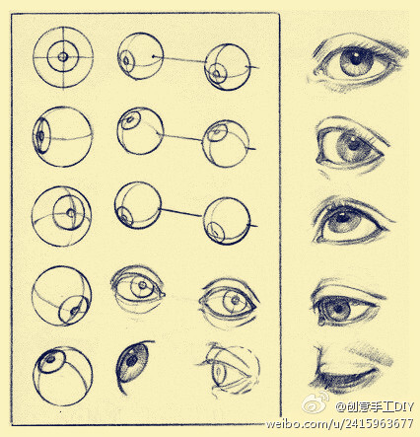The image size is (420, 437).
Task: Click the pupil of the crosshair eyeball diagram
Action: [x=63, y=57]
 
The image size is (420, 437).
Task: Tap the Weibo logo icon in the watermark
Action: [x=314, y=402]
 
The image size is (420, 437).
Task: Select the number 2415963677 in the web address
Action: [x=379, y=423]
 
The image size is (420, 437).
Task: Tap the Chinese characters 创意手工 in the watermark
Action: [x=364, y=406]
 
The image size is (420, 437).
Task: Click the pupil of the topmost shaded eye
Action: [x=355, y=60]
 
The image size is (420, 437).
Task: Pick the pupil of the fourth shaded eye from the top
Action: [x=338, y=310]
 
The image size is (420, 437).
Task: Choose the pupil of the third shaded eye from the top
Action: [x=342, y=217]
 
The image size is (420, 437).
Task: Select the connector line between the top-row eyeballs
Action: [x=179, y=59]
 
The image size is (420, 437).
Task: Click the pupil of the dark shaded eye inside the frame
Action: [x=132, y=361]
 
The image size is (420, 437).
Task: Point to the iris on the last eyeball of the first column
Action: [x=51, y=361]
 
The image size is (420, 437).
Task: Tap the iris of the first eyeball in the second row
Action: [x=41, y=135]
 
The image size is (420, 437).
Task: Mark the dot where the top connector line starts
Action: [x=153, y=56]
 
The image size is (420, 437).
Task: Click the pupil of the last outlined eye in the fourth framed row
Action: [x=236, y=300]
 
